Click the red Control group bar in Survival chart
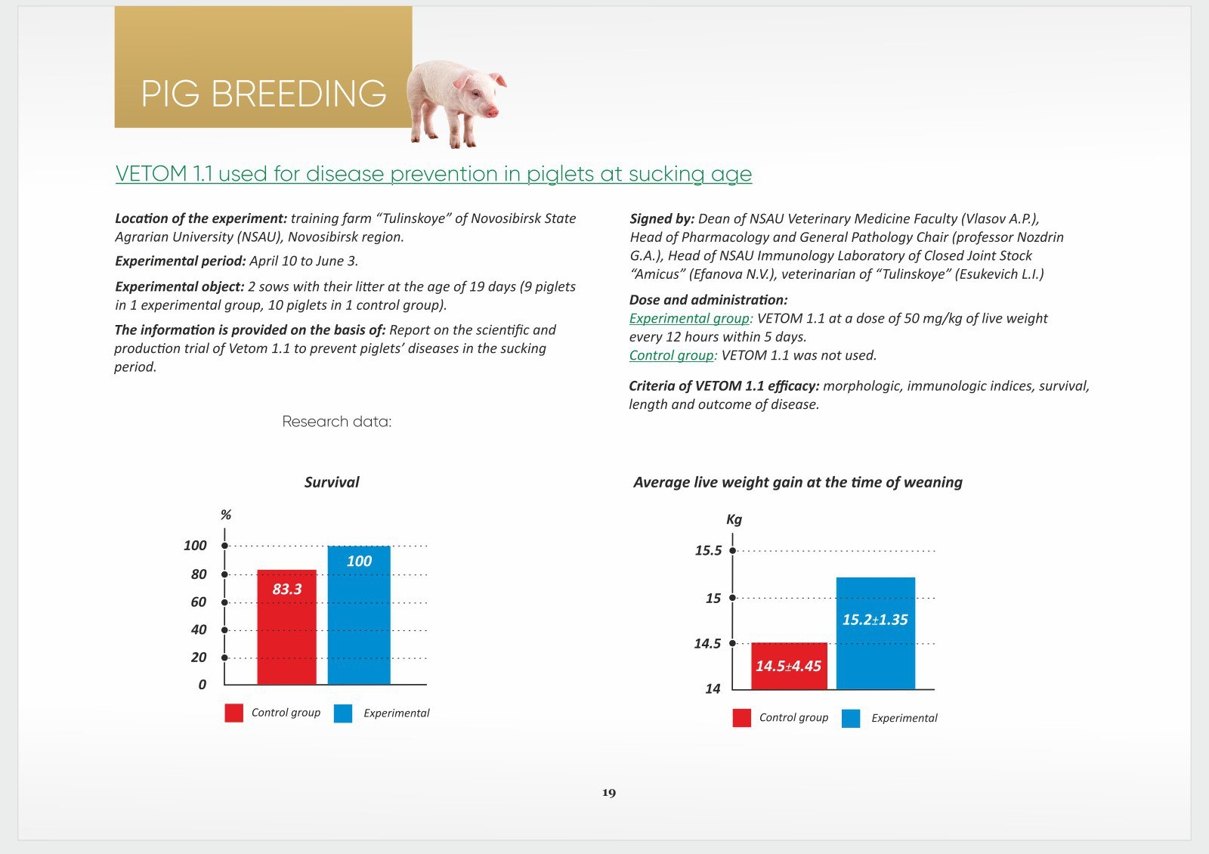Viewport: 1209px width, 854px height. click(x=286, y=627)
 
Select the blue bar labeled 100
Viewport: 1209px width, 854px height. click(x=359, y=615)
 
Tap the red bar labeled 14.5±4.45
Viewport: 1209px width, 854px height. click(x=789, y=666)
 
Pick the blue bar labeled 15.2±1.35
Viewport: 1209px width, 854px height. click(x=876, y=633)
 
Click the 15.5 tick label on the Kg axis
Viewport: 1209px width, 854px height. click(x=708, y=551)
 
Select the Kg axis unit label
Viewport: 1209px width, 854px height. click(x=734, y=519)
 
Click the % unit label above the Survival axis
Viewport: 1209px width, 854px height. click(x=226, y=515)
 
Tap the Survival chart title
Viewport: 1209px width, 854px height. click(x=332, y=482)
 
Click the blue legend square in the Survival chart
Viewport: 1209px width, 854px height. click(x=343, y=713)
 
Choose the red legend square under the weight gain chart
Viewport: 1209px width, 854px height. click(x=741, y=718)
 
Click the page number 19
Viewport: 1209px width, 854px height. click(x=609, y=793)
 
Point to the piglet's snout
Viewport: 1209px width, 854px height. click(x=491, y=112)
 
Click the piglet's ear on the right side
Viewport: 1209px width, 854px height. click(x=498, y=79)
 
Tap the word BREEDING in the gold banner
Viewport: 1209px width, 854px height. click(x=298, y=94)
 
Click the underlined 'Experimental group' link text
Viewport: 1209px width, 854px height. click(x=689, y=318)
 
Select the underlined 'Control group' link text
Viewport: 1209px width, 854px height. click(x=672, y=355)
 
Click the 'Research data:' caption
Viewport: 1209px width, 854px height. click(x=337, y=422)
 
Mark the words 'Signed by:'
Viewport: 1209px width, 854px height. click(x=662, y=218)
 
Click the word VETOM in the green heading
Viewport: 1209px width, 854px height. click(x=151, y=174)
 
